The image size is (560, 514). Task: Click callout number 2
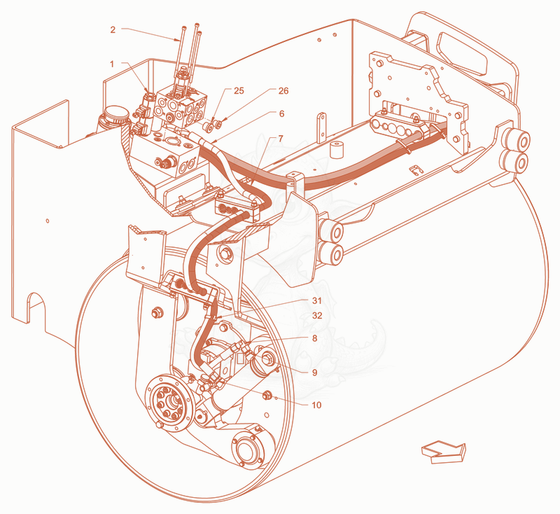click(x=113, y=29)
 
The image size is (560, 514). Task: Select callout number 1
click(x=112, y=64)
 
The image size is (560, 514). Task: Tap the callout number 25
click(x=239, y=91)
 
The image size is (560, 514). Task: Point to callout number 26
click(x=283, y=91)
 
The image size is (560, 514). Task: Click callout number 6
click(x=282, y=113)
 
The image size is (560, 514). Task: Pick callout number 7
click(x=281, y=138)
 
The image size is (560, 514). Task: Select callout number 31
click(x=317, y=300)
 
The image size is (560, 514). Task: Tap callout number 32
click(x=317, y=316)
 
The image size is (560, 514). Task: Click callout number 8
click(x=314, y=338)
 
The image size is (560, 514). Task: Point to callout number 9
click(x=314, y=373)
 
